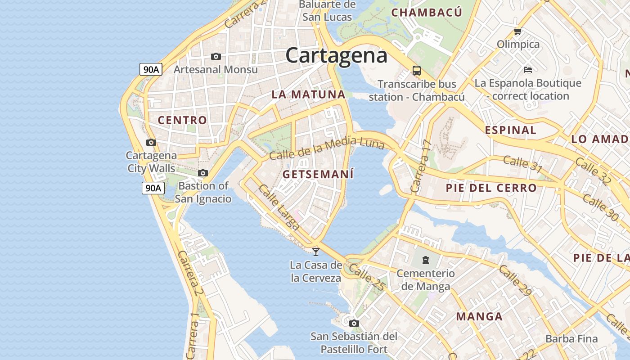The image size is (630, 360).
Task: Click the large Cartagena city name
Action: (336, 56)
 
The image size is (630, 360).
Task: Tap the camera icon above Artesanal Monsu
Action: (216, 56)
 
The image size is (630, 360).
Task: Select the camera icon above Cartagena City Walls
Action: (151, 142)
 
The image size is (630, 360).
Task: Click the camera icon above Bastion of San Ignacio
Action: (203, 173)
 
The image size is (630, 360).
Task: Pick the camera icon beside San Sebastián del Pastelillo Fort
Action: (354, 323)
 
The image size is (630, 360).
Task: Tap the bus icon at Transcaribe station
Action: (417, 71)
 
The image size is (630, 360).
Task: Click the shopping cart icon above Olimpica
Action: (517, 31)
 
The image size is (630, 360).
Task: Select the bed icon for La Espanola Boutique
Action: (528, 70)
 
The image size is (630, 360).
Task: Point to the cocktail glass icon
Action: (316, 252)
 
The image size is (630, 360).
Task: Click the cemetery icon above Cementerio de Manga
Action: (425, 260)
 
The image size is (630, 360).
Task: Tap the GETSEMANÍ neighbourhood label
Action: (318, 174)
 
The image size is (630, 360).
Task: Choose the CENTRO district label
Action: (182, 120)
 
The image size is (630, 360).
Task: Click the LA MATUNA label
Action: (308, 94)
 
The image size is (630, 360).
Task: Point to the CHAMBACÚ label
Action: (427, 13)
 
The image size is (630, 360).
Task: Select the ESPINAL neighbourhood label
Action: (511, 130)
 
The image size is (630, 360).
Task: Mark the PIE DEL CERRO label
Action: (491, 188)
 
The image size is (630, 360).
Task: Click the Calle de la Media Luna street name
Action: (327, 148)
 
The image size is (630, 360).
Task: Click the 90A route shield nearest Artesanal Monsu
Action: (151, 69)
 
